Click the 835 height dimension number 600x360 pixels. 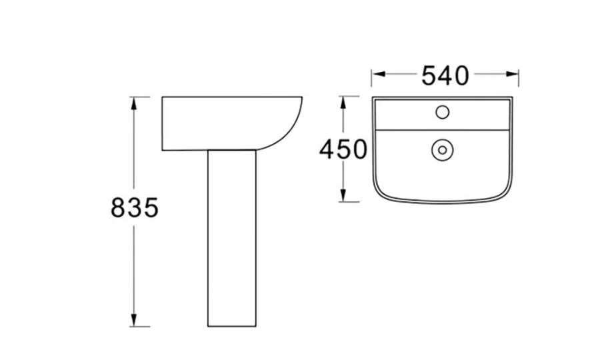[134, 209]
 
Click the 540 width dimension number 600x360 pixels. [445, 76]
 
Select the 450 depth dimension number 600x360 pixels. [343, 149]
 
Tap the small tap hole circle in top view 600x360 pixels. [443, 112]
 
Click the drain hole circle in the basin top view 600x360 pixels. [441, 150]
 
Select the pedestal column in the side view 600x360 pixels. [232, 237]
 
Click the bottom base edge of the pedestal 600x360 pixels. [232, 326]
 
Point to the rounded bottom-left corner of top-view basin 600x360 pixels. [379, 193]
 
